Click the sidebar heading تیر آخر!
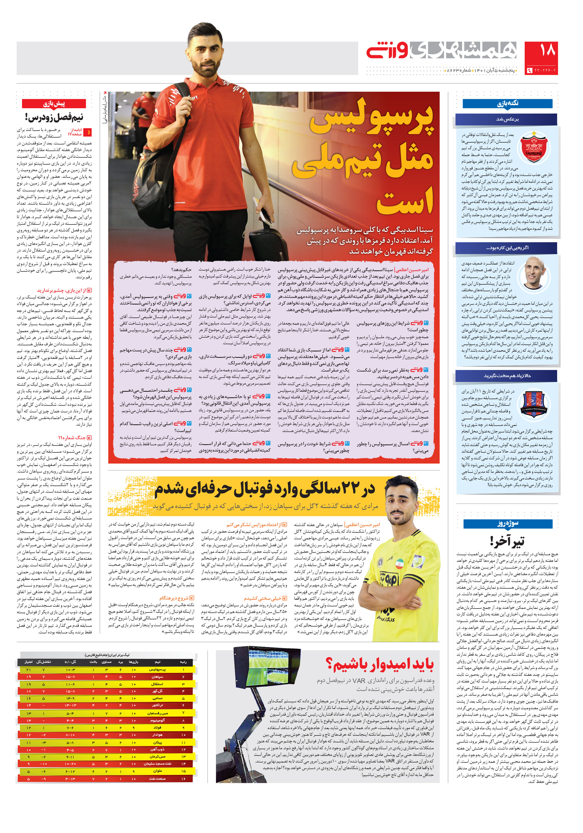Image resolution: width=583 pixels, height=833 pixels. click(x=507, y=541)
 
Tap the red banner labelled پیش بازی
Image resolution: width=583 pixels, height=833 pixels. click(x=54, y=104)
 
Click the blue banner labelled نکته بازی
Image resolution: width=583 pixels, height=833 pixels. click(x=507, y=103)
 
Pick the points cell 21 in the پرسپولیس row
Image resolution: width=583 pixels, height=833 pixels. click(x=28, y=669)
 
